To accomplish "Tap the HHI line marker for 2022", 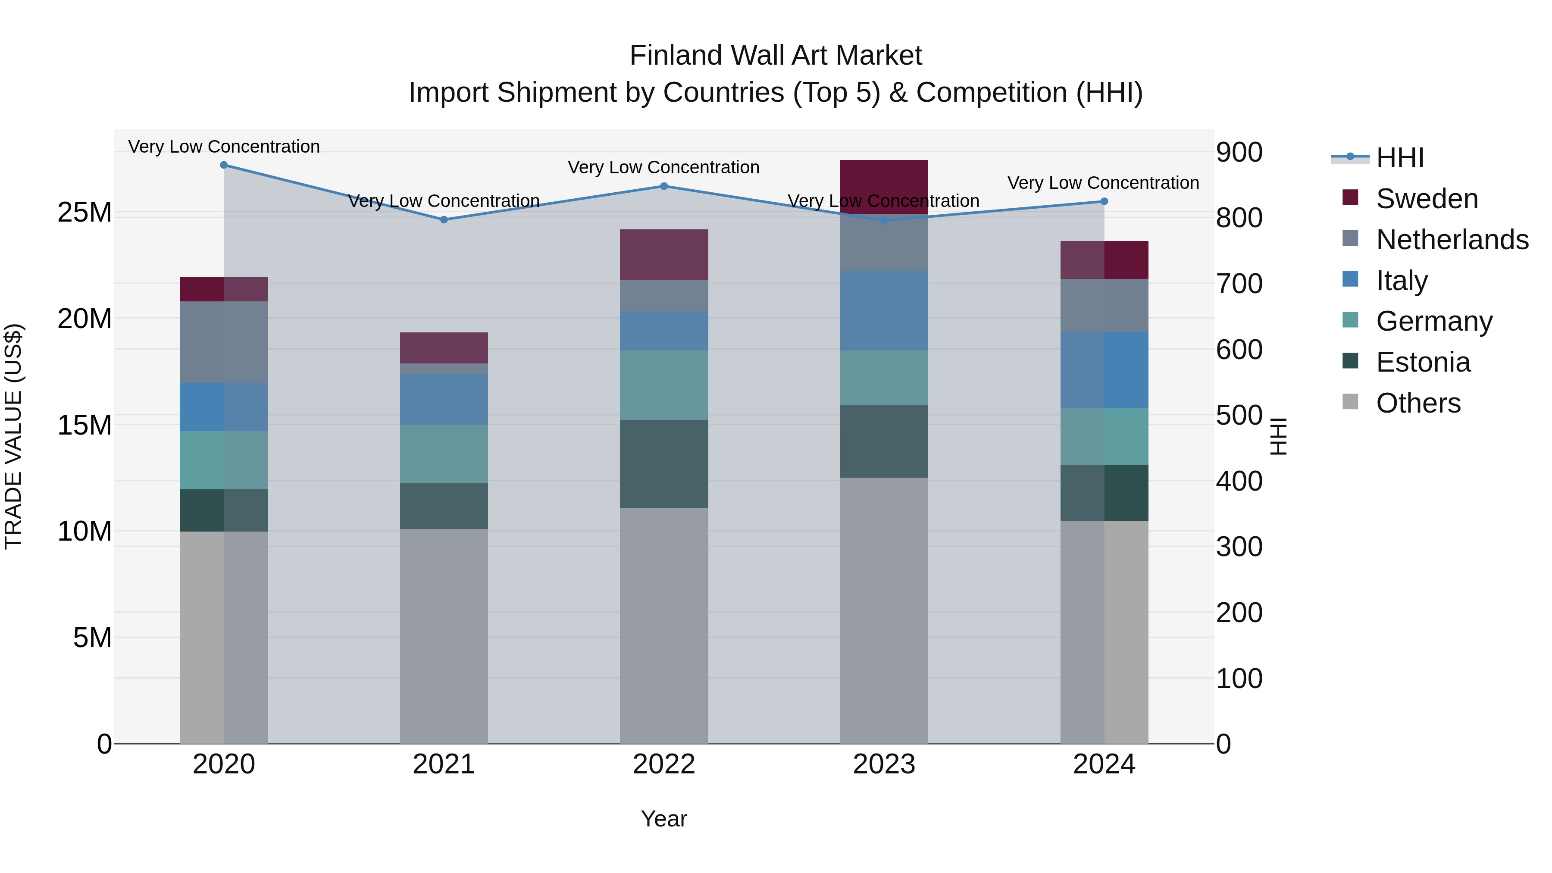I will tap(664, 186).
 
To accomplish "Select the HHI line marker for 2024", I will tap(1104, 202).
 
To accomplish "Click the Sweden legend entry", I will tap(1426, 199).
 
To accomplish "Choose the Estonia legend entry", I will tap(1423, 362).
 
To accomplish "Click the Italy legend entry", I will tap(1402, 281).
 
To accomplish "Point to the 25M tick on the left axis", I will tap(84, 213).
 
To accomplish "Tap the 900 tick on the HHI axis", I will tap(1239, 153).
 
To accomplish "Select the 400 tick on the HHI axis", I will tap(1239, 482).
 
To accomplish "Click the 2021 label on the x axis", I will tap(444, 764).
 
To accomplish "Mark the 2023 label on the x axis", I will tap(884, 764).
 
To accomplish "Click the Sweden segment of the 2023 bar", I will tap(884, 187).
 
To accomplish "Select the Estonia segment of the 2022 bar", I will tap(664, 464).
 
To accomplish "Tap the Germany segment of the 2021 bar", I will tap(444, 454).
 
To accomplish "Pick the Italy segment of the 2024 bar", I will tap(1104, 370).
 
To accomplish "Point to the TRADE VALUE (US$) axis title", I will tap(13, 436).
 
